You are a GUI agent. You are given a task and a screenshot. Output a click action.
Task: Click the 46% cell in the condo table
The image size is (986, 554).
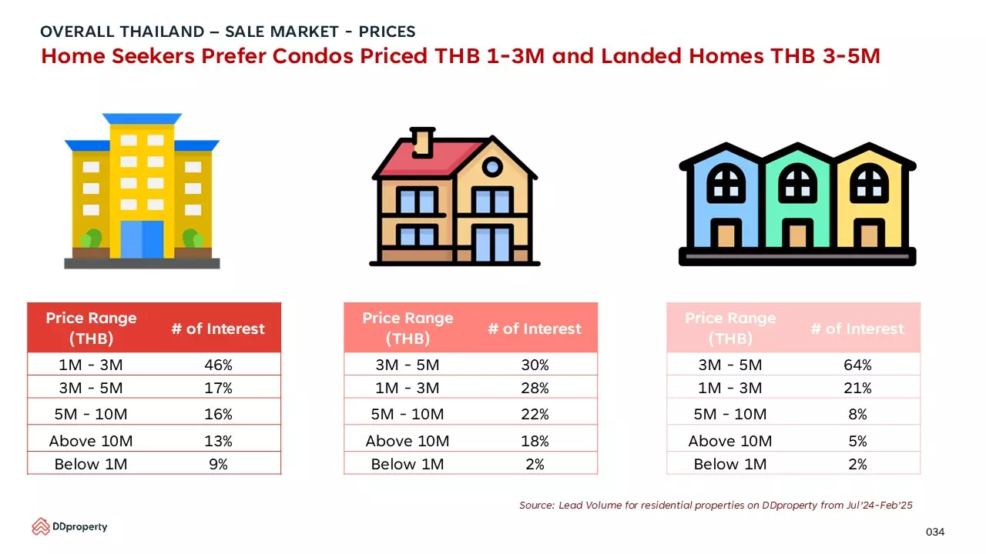(x=218, y=365)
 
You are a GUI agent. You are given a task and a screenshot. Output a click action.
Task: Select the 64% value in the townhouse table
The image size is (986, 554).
(x=857, y=365)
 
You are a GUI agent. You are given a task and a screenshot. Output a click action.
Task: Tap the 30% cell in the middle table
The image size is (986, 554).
(x=535, y=365)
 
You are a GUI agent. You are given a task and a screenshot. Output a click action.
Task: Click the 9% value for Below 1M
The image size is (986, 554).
(x=218, y=464)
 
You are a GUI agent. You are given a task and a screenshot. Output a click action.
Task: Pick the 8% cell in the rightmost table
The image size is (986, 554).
(x=857, y=414)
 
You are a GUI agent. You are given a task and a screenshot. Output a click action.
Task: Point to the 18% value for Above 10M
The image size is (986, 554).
(x=535, y=441)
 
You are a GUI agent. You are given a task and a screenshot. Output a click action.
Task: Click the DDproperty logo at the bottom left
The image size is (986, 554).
(x=69, y=526)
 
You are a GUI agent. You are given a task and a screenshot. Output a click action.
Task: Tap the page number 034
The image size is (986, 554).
(x=935, y=532)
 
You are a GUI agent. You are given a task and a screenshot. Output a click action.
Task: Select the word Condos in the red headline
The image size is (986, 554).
(x=313, y=56)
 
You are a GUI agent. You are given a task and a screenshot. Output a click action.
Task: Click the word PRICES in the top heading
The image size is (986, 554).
(x=387, y=32)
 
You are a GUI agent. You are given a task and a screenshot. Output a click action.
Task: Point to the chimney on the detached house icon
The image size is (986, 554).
(x=423, y=142)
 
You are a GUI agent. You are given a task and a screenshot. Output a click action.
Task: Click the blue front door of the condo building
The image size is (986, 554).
(x=142, y=239)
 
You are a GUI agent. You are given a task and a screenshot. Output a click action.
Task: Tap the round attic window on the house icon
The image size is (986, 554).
(x=492, y=167)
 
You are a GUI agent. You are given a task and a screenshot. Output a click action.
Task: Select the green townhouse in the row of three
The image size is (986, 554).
(x=797, y=202)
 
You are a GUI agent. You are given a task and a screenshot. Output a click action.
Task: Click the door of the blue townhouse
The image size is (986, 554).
(x=726, y=234)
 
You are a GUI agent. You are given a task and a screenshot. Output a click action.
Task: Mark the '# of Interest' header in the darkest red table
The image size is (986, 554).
(x=218, y=329)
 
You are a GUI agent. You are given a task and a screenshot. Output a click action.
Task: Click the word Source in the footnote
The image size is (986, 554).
(x=537, y=506)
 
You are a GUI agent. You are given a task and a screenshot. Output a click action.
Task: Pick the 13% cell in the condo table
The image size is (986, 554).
(x=218, y=441)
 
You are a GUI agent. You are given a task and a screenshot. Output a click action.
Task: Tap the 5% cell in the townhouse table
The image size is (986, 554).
(x=857, y=441)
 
